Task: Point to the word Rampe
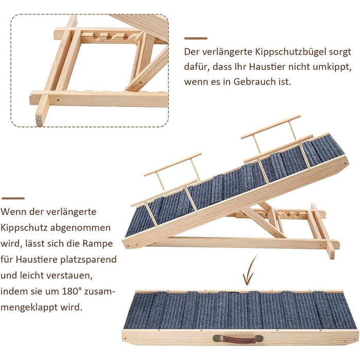[98, 243]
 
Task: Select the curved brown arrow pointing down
[250, 271]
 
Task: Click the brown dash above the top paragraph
[195, 39]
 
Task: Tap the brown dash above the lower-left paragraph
[13, 198]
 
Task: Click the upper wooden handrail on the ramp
[271, 127]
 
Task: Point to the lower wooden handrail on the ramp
[172, 164]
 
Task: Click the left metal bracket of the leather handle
[217, 338]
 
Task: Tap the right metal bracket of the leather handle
[259, 338]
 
